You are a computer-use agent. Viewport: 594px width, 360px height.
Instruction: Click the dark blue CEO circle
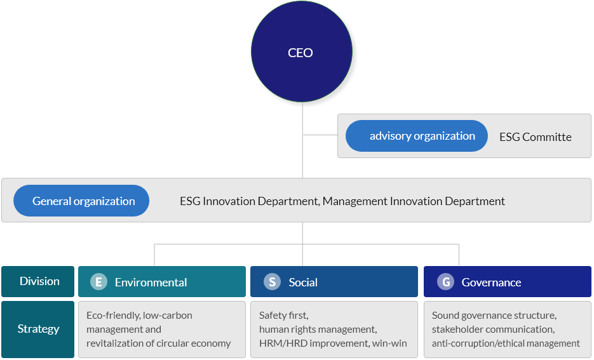[x=302, y=51]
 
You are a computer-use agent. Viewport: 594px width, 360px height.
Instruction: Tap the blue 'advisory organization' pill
[x=416, y=136]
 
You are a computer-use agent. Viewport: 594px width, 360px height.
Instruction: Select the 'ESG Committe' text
[x=536, y=137]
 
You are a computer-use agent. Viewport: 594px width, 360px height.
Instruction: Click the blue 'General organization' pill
[x=81, y=201]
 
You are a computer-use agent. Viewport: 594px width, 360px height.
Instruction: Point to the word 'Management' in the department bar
[x=354, y=201]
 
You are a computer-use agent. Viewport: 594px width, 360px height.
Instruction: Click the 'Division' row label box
[x=38, y=281]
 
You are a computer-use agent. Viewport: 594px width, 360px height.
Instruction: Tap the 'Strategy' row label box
[x=38, y=329]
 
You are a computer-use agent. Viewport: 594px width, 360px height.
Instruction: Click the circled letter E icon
[x=98, y=282]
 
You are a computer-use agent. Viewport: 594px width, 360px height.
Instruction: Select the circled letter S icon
[x=272, y=282]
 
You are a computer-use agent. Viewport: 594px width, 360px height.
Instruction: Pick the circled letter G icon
[x=445, y=282]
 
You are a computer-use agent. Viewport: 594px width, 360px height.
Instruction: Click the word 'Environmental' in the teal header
[x=151, y=283]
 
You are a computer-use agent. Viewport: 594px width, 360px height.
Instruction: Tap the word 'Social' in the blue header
[x=303, y=283]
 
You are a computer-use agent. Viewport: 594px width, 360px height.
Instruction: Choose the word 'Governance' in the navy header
[x=491, y=283]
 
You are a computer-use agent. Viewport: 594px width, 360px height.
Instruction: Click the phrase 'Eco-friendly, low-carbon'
[x=139, y=316]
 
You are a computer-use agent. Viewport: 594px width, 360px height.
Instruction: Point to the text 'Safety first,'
[x=284, y=316]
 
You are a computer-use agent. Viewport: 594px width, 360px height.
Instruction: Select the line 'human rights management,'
[x=318, y=330]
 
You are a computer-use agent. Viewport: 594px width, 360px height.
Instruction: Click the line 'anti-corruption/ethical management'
[x=506, y=343]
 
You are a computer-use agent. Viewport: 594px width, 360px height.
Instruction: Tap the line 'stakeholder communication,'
[x=493, y=330]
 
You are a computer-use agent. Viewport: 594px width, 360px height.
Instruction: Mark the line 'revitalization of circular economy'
[x=158, y=343]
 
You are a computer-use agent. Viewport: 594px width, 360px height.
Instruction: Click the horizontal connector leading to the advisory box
[x=320, y=135]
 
